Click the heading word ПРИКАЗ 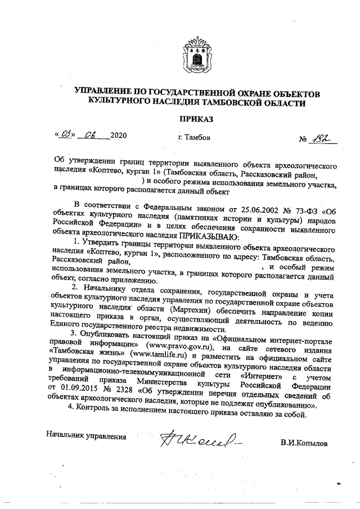point(196,119)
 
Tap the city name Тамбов point(197,137)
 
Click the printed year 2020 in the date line point(119,136)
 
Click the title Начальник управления point(86,435)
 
